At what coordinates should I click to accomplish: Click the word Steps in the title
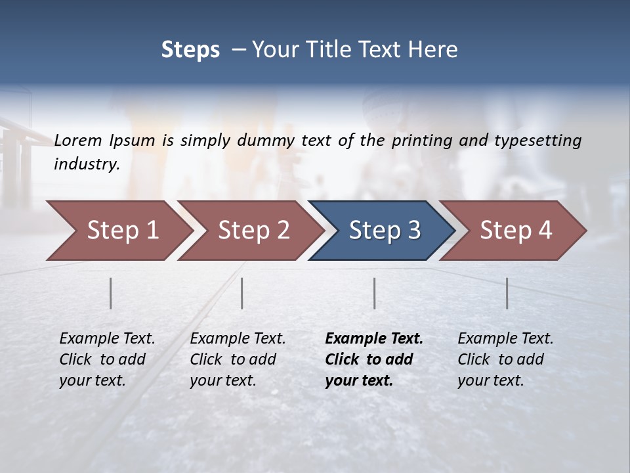[x=190, y=50]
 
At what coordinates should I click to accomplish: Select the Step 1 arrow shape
[x=118, y=231]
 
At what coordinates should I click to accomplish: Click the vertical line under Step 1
[x=111, y=293]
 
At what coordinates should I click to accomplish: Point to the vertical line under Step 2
[x=242, y=293]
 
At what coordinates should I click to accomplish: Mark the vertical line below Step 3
[x=375, y=293]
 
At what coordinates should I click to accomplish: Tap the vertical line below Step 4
[x=507, y=293]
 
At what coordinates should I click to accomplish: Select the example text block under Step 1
[x=107, y=359]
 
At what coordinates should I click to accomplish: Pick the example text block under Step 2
[x=238, y=359]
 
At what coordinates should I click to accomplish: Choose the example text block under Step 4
[x=505, y=359]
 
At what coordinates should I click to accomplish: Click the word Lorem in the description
[x=78, y=140]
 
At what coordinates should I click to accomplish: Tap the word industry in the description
[x=87, y=164]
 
